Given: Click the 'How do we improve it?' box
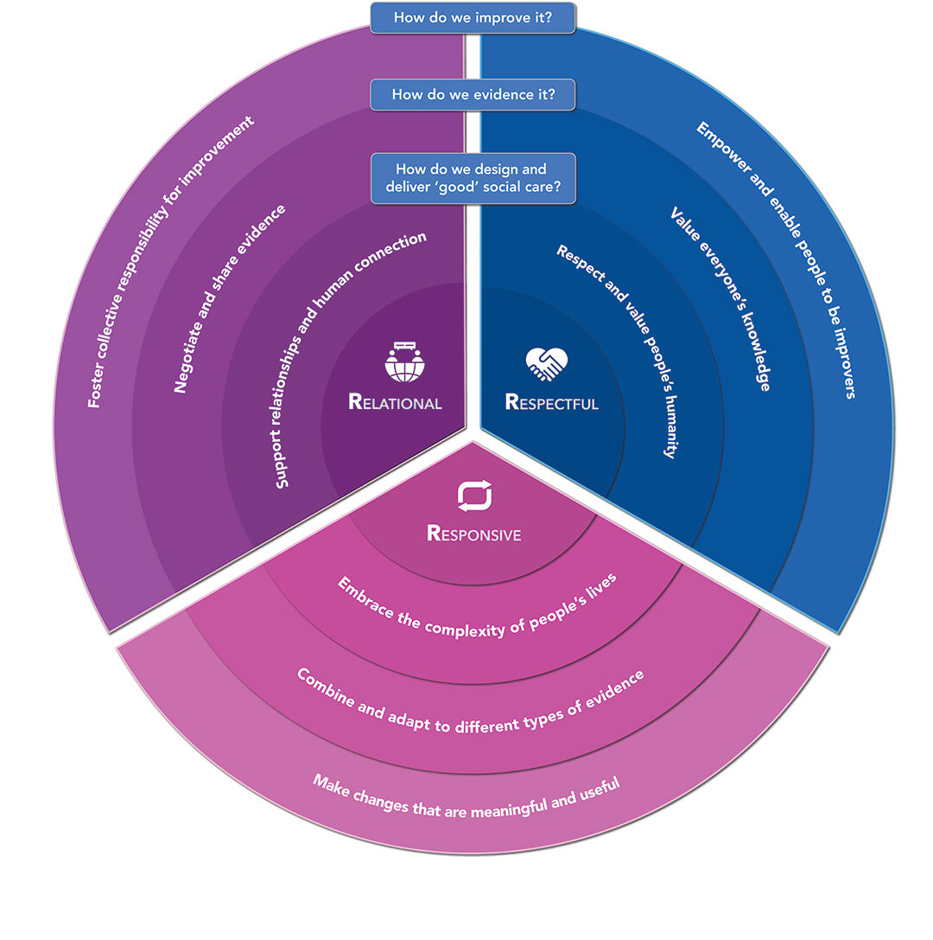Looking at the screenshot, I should tap(473, 17).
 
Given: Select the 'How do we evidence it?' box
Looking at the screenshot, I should tap(473, 94).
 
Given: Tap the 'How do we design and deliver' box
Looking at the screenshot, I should tap(473, 178).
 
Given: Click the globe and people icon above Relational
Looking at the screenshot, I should tap(402, 362).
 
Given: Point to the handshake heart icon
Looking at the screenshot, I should tap(546, 364).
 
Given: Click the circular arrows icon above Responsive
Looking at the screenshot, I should tap(474, 496).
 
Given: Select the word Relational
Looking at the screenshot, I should tap(395, 403).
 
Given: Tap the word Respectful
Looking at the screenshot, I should tap(551, 403).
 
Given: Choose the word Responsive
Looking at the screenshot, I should tap(474, 534).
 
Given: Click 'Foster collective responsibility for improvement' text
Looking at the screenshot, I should tap(171, 261).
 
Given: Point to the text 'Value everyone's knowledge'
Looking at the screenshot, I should tap(720, 298).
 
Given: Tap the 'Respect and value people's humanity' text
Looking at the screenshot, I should tap(616, 350).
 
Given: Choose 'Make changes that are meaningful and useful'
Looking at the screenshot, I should tap(466, 798).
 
